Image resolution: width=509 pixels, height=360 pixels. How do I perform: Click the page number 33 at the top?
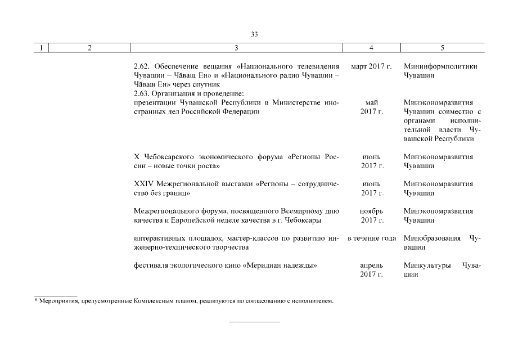254,34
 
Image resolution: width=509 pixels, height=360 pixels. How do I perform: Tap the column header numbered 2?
89,48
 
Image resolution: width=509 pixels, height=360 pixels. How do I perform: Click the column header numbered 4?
371,48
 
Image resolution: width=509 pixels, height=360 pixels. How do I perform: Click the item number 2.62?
142,66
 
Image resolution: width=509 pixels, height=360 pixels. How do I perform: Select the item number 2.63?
142,93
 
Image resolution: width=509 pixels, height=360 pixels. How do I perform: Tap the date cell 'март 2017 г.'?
371,66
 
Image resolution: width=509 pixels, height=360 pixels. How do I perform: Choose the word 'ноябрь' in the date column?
371,211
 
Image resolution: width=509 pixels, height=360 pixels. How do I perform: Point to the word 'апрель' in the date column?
371,265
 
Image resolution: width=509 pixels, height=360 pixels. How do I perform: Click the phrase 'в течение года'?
372,238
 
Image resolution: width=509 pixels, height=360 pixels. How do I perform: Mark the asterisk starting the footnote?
36,300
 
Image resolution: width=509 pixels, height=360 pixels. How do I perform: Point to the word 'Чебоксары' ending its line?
323,220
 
